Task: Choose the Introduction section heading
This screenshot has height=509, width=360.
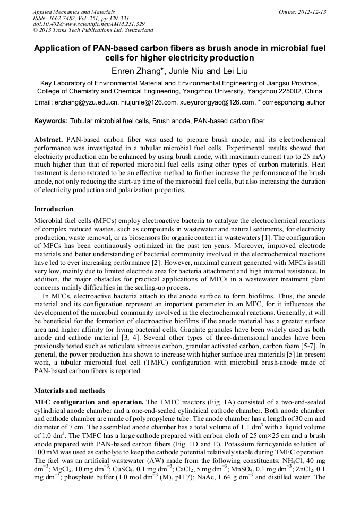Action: [x=54, y=209]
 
